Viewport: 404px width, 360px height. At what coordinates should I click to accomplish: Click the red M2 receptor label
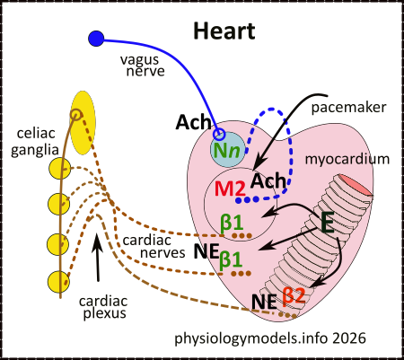[231, 189]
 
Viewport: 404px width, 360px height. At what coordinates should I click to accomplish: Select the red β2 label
[294, 294]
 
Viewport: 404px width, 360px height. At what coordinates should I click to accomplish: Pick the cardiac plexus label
[101, 308]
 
